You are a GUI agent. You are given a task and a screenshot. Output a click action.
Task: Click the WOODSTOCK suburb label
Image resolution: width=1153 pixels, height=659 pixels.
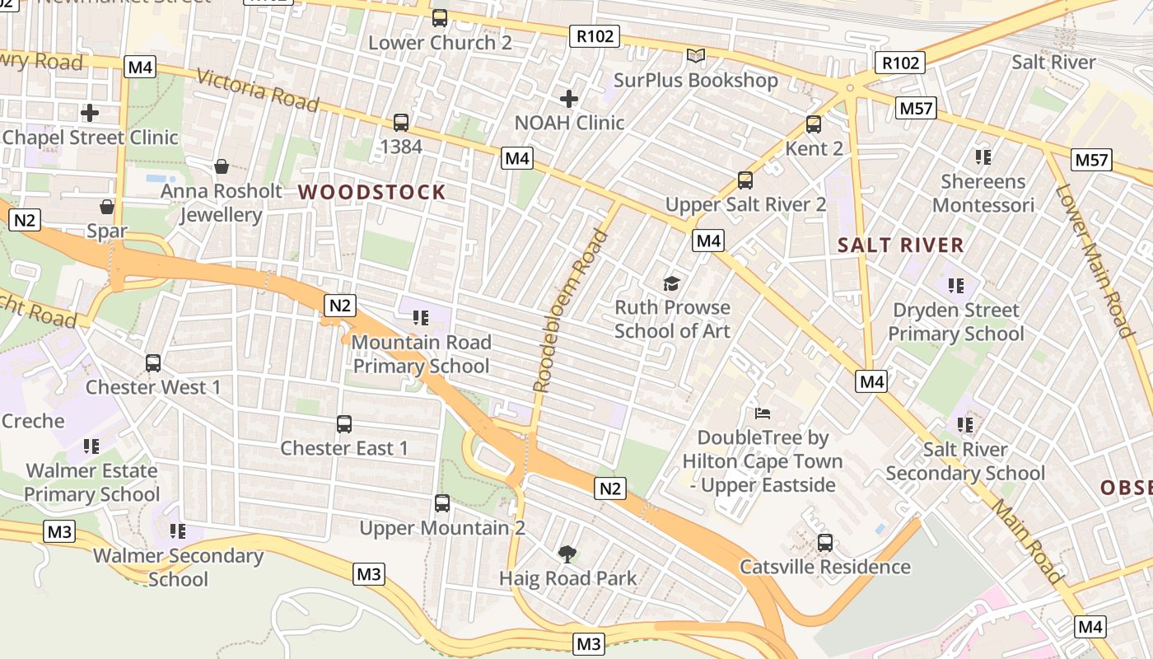click(x=371, y=193)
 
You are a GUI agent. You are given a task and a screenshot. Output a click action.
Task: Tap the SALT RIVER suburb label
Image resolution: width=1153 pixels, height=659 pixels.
click(x=900, y=245)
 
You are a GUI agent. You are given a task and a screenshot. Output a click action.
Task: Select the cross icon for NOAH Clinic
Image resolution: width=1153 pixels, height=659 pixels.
click(x=569, y=100)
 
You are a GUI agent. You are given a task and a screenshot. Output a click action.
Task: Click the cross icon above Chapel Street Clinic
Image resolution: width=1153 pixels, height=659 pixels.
click(x=90, y=113)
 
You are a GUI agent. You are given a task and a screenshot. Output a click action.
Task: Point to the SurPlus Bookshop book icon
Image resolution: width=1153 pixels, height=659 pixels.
click(x=696, y=56)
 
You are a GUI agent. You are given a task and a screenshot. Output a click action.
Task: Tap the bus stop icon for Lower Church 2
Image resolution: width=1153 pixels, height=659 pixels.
click(x=440, y=18)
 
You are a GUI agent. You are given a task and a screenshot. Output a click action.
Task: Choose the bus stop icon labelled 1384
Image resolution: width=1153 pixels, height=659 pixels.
click(x=401, y=123)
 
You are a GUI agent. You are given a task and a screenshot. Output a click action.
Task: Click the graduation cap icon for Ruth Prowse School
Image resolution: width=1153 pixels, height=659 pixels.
click(x=672, y=283)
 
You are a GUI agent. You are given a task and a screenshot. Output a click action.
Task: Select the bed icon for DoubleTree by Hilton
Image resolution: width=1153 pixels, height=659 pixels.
click(x=763, y=413)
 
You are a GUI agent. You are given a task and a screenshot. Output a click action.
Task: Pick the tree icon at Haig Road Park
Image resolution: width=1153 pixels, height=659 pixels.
click(x=567, y=554)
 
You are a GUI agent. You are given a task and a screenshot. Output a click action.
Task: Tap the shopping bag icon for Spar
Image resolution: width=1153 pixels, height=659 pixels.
click(x=107, y=207)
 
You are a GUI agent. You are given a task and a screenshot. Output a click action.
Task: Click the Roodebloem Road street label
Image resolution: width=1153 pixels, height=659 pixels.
click(x=570, y=311)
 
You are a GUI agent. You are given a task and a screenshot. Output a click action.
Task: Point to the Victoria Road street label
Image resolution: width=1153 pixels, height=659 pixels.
click(x=257, y=89)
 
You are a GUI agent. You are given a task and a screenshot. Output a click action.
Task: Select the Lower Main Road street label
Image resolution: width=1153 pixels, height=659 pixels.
click(x=1094, y=261)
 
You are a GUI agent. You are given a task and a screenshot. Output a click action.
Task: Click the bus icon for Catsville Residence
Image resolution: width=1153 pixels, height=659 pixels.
click(x=825, y=543)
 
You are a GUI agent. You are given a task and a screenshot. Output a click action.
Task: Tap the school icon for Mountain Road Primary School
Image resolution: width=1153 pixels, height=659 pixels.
click(x=421, y=318)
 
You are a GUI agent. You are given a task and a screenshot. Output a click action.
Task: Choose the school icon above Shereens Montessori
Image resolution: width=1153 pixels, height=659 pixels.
click(x=982, y=157)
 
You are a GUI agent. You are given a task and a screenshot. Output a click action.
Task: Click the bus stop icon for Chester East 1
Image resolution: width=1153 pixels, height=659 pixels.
click(x=344, y=424)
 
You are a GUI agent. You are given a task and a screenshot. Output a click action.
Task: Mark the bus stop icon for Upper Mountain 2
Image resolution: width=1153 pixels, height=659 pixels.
click(x=442, y=503)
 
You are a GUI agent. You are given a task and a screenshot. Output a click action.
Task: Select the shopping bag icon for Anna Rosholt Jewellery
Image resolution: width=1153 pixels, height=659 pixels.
click(x=222, y=167)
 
